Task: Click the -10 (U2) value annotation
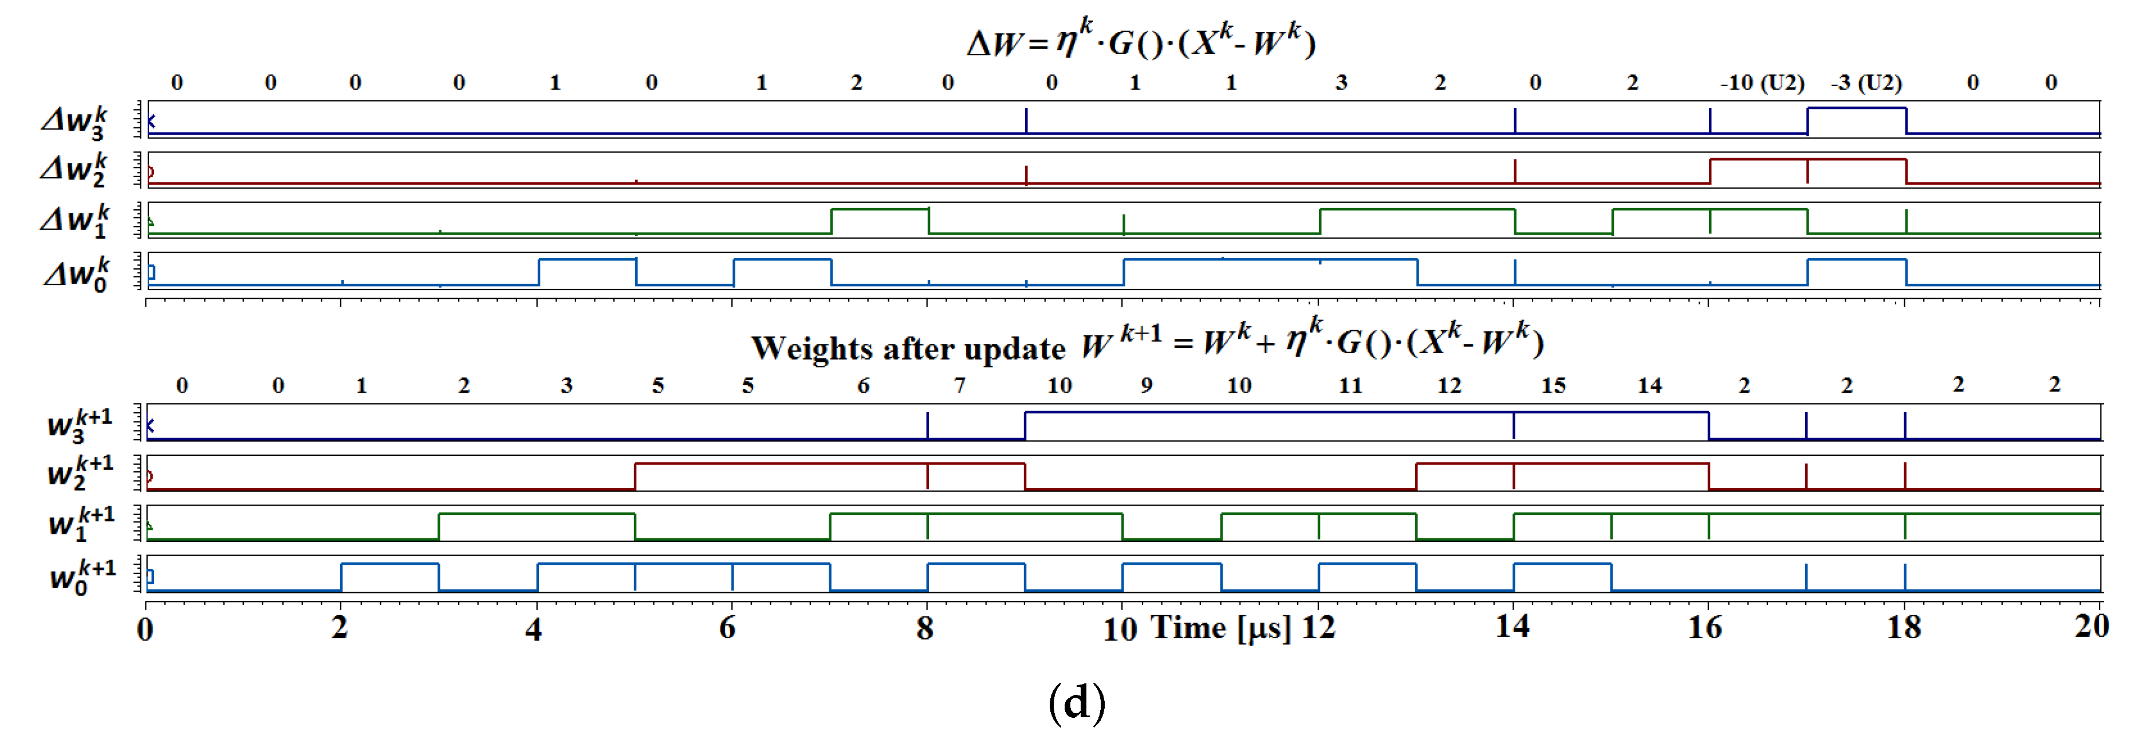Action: pyautogui.click(x=1762, y=83)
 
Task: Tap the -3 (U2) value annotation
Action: pyautogui.click(x=1866, y=83)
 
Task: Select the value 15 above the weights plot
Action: pyautogui.click(x=1553, y=386)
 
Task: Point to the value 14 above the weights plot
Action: pyautogui.click(x=1649, y=386)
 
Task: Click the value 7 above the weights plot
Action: pyautogui.click(x=960, y=386)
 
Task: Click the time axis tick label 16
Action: pyautogui.click(x=1705, y=627)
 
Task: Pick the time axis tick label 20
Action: pyautogui.click(x=2092, y=625)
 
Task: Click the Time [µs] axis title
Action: pyautogui.click(x=1221, y=627)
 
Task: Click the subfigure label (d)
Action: pyautogui.click(x=1076, y=702)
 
